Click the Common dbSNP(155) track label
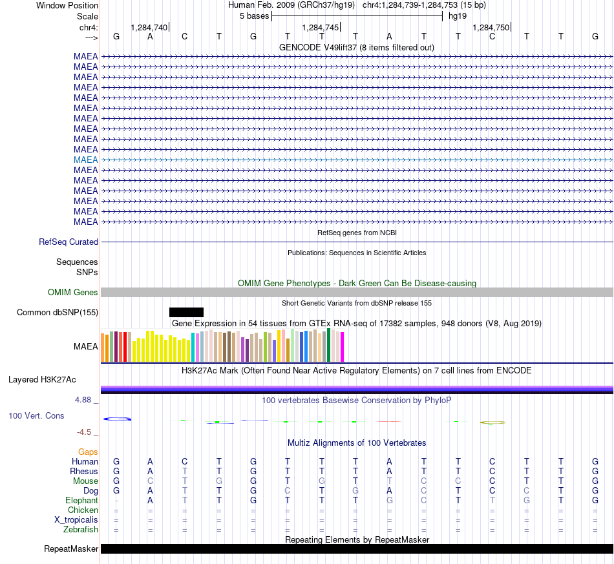[x=58, y=312]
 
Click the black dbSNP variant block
[x=186, y=312]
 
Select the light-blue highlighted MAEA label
[x=86, y=160]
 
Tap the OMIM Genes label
[x=73, y=293]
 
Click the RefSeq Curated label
[x=69, y=242]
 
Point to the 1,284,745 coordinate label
[x=321, y=27]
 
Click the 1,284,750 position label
[x=491, y=27]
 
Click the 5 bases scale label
[x=255, y=16]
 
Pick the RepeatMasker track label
[x=71, y=548]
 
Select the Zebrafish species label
[x=81, y=530]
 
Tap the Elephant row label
[x=82, y=501]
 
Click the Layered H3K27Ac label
[x=42, y=380]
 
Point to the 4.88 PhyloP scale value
[x=83, y=400]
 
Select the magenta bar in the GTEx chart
[x=343, y=347]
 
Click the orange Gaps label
[x=88, y=452]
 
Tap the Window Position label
[x=67, y=5]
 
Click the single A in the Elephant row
[x=151, y=501]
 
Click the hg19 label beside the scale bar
[x=458, y=16]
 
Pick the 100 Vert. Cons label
[x=36, y=415]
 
